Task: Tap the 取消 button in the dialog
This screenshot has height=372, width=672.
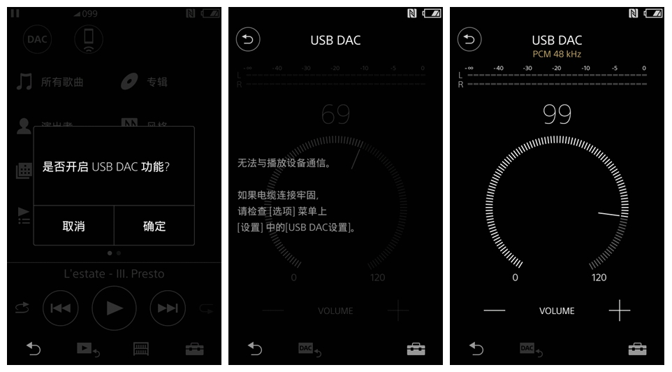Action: (x=73, y=226)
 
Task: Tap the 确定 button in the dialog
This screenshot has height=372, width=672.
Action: (x=154, y=226)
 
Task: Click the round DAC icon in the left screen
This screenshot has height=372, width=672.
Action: (x=36, y=39)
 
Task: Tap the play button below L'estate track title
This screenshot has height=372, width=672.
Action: (x=114, y=308)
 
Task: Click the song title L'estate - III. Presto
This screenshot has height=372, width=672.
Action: (x=114, y=273)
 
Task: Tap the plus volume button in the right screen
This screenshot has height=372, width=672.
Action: (x=619, y=310)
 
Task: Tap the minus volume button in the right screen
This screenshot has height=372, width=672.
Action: (x=494, y=310)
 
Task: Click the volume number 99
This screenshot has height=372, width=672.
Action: (x=557, y=114)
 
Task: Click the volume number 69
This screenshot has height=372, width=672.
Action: (x=335, y=114)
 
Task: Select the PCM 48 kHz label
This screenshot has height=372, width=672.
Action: (x=557, y=54)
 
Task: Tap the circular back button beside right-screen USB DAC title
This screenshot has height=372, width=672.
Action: (x=470, y=39)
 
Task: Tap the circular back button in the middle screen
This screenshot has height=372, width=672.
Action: (x=248, y=39)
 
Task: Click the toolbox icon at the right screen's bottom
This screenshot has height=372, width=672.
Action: (x=636, y=348)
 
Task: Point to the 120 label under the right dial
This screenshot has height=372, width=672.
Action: (x=599, y=278)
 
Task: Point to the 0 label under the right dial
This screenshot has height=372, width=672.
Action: (x=516, y=278)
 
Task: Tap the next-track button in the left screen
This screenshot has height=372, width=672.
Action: (x=168, y=308)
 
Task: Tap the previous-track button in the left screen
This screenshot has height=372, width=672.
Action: (x=60, y=308)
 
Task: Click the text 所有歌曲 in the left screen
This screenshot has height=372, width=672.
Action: (x=62, y=82)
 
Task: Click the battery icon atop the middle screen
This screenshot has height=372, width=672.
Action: (x=432, y=13)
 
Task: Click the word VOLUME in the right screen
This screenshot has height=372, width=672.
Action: (x=557, y=311)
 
